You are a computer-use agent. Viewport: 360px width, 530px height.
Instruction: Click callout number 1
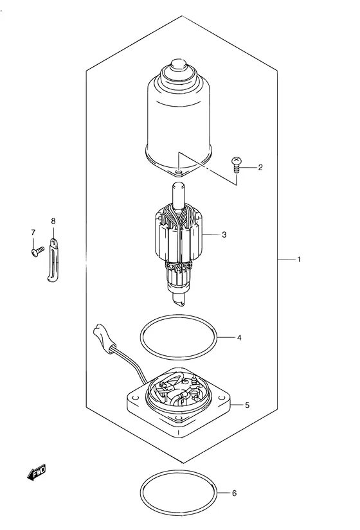pos(299,260)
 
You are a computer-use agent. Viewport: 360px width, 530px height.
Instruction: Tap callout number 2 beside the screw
pos(260,167)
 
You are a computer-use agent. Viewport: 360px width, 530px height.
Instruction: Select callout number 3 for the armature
pos(224,234)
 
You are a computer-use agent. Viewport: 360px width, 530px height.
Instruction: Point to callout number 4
pos(239,337)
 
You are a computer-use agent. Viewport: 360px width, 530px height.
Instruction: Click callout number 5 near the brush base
pos(247,405)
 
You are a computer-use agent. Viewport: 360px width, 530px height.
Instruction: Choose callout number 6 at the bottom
pos(234,493)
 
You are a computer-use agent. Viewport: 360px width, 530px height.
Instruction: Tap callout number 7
pos(33,232)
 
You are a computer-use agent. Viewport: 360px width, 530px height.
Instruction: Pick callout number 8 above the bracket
pos(53,221)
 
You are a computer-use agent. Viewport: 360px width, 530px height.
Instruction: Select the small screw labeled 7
pos(37,251)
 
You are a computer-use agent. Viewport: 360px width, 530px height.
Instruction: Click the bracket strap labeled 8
pos(53,260)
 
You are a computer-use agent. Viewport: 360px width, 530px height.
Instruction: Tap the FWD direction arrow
pos(36,472)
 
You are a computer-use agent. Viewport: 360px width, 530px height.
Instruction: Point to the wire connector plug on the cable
pos(104,338)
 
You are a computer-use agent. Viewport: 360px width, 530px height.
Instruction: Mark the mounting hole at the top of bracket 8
pos(53,242)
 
